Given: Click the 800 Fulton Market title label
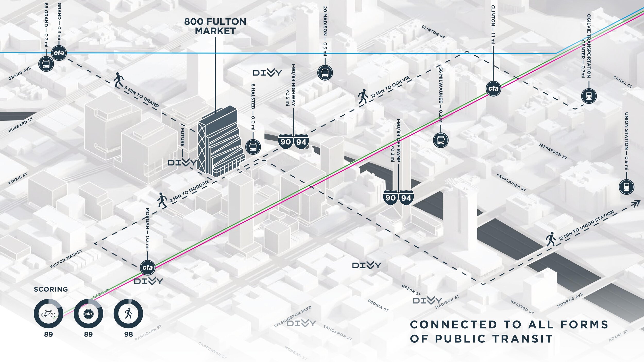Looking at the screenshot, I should pos(215,26).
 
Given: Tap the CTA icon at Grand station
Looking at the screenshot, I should pos(59,53).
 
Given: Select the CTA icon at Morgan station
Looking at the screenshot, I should pos(148,268).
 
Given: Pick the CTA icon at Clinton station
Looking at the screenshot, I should pos(493,89).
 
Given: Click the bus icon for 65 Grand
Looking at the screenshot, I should pos(46,64).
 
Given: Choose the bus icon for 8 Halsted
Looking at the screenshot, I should pos(253,147).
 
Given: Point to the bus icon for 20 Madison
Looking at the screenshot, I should pos(325,73).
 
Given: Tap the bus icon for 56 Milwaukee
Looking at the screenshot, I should pos(441,140).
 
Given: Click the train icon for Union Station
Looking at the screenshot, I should pos(626,187).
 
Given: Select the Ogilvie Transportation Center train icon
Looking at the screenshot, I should pos(589,96).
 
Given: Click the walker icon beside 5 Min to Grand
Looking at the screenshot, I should pos(118,80).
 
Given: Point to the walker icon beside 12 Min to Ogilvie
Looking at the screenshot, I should pos(363,97).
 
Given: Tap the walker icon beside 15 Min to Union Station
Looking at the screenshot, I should pos(551,239).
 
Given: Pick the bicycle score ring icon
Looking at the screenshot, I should pos(48,314).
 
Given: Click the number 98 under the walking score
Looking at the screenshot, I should pos(129,334).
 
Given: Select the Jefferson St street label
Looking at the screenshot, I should pos(553,151).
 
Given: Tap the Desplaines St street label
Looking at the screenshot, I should pos(511,183).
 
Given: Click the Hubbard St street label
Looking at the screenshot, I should pos(21,125).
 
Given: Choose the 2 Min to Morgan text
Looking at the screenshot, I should pos(189,191).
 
